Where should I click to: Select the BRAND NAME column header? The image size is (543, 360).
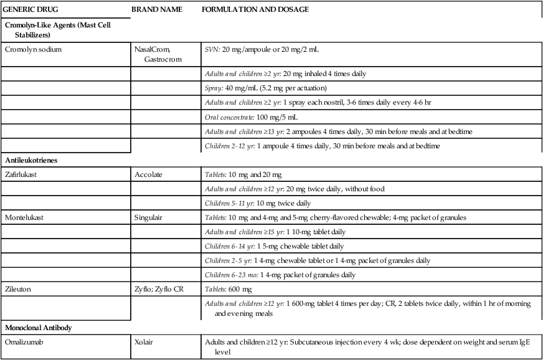tap(156, 10)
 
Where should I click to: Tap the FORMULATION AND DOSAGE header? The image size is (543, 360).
tap(255, 10)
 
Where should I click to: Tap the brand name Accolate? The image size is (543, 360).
tap(148, 175)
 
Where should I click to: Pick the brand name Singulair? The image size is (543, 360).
tap(149, 217)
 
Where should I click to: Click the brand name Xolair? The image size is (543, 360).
tap(144, 342)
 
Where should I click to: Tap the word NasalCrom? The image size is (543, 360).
tap(152, 49)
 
